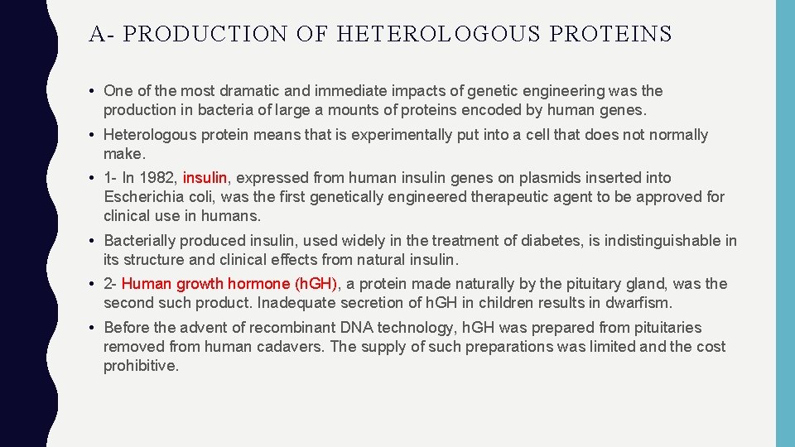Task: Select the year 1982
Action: coord(158,178)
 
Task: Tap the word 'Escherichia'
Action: coord(146,197)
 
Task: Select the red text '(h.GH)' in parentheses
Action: coord(316,284)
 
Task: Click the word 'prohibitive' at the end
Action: coord(140,366)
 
